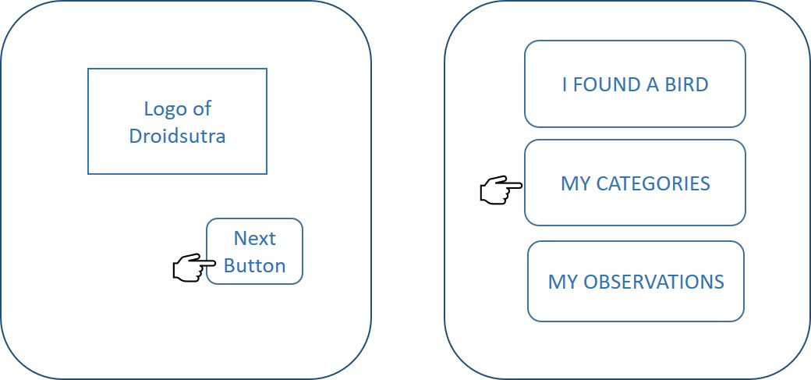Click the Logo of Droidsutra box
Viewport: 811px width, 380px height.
pos(177,121)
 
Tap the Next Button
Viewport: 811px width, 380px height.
pos(254,251)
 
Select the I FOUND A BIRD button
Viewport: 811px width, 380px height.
pos(635,83)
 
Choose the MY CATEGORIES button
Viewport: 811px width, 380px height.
pos(635,183)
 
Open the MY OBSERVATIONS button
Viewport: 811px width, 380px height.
pos(636,281)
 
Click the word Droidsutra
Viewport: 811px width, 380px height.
pos(177,136)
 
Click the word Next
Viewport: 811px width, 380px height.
pos(255,238)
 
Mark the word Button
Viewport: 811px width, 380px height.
pos(254,265)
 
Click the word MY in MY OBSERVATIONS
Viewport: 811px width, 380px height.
pos(561,281)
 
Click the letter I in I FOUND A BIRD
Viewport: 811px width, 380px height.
pos(565,84)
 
